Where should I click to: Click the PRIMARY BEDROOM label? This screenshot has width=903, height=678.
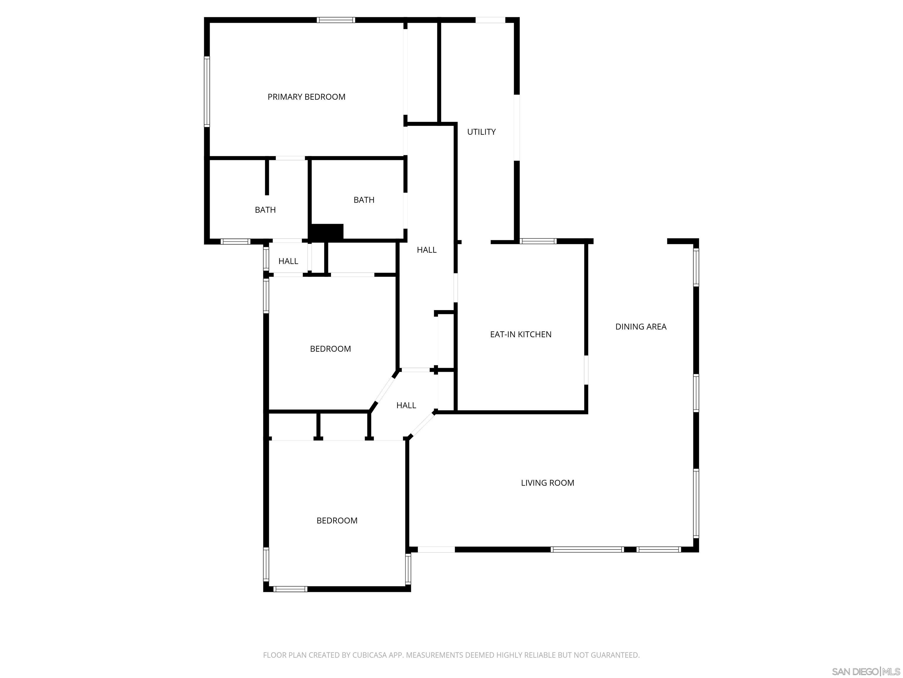pyautogui.click(x=306, y=97)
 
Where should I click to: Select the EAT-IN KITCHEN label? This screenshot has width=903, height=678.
pyautogui.click(x=521, y=334)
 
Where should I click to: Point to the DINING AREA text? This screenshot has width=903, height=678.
pyautogui.click(x=641, y=327)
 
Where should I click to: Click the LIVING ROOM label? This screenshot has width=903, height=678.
pyautogui.click(x=547, y=483)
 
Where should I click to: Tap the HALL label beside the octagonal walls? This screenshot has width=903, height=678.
pyautogui.click(x=406, y=405)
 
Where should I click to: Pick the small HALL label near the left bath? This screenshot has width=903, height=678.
pyautogui.click(x=288, y=261)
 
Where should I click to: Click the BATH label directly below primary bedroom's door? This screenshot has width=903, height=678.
pyautogui.click(x=265, y=210)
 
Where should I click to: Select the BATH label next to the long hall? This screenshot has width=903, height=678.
pyautogui.click(x=364, y=200)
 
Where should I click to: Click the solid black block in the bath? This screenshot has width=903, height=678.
pyautogui.click(x=327, y=232)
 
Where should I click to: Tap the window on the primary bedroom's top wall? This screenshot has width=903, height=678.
pyautogui.click(x=336, y=20)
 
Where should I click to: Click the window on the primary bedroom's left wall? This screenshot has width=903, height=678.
pyautogui.click(x=207, y=92)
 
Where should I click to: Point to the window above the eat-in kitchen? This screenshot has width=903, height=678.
pyautogui.click(x=538, y=241)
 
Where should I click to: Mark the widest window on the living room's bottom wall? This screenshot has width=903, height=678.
pyautogui.click(x=587, y=549)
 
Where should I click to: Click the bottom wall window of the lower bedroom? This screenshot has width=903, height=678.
pyautogui.click(x=290, y=589)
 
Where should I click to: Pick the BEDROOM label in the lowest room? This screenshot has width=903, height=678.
pyautogui.click(x=337, y=520)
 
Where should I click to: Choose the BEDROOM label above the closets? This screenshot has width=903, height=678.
pyautogui.click(x=330, y=349)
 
